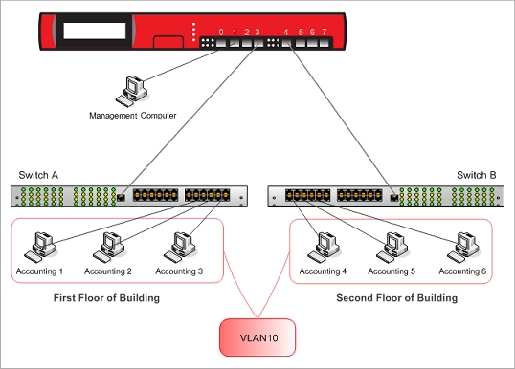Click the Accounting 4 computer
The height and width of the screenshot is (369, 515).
(x=316, y=247)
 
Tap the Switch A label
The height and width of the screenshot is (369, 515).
(x=39, y=175)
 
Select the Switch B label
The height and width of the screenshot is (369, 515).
(x=476, y=175)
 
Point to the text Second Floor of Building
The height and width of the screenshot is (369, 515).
(x=397, y=299)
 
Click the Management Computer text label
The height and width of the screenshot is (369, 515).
(x=133, y=116)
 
